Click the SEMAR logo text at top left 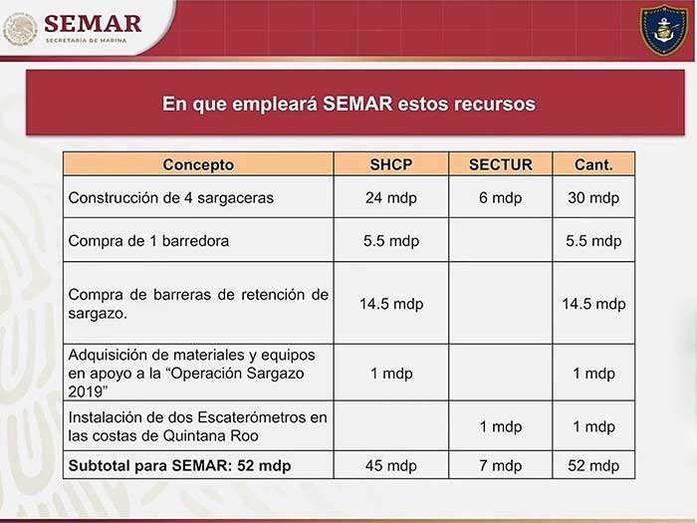93,24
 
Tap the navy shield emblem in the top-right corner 664,30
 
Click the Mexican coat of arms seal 20,29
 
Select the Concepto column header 198,164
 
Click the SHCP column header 391,164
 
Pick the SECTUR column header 501,164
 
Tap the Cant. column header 593,164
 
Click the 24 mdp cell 391,197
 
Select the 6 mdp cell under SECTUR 501,197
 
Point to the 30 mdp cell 593,197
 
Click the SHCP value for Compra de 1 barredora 391,241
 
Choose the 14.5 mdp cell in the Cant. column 593,304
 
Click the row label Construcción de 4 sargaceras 170,197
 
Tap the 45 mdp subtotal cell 391,465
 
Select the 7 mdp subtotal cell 501,465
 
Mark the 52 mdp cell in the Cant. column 593,465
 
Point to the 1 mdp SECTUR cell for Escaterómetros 501,426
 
